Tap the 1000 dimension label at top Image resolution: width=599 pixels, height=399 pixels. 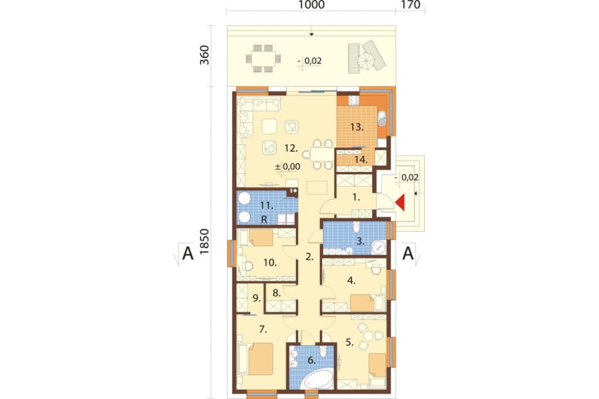coord(311,5)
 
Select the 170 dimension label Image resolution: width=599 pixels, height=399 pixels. coord(411,5)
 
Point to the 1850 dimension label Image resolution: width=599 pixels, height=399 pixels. coord(205,242)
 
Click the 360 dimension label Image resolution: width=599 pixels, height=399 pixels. coord(205,55)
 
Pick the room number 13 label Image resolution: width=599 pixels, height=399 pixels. coord(357,127)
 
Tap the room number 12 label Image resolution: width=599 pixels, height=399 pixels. coord(291,148)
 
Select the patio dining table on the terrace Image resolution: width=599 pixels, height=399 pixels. coord(263,59)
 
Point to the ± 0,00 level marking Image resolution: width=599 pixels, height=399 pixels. coord(288,167)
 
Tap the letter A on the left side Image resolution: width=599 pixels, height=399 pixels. coord(187,253)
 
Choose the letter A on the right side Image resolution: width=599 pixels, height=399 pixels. coord(408,253)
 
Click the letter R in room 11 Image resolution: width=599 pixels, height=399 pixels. coord(264,220)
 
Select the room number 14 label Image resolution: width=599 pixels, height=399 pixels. coord(361,159)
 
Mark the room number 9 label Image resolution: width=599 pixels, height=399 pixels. coord(256,298)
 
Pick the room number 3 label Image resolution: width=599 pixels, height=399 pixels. coord(360,241)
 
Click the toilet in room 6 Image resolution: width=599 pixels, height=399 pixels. coord(323,351)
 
